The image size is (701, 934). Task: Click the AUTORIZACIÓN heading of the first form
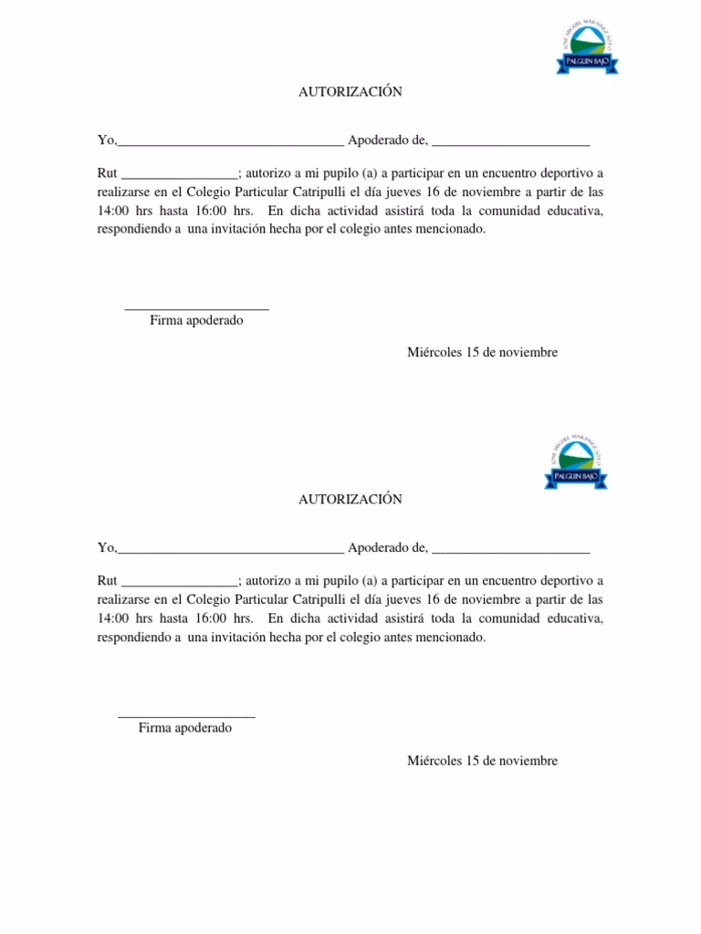[350, 92]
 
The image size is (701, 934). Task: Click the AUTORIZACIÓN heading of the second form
[350, 499]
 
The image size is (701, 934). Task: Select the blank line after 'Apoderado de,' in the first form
[510, 142]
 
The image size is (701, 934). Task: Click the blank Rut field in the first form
[179, 175]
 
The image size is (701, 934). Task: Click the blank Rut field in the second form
[179, 582]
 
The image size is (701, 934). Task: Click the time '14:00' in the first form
[114, 212]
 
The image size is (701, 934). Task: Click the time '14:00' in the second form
[114, 618]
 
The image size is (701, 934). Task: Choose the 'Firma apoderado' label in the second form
[185, 728]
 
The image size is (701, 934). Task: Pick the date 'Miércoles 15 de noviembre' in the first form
[482, 352]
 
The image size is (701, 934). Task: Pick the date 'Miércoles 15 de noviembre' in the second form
[482, 760]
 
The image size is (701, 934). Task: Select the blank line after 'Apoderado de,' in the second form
[510, 550]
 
